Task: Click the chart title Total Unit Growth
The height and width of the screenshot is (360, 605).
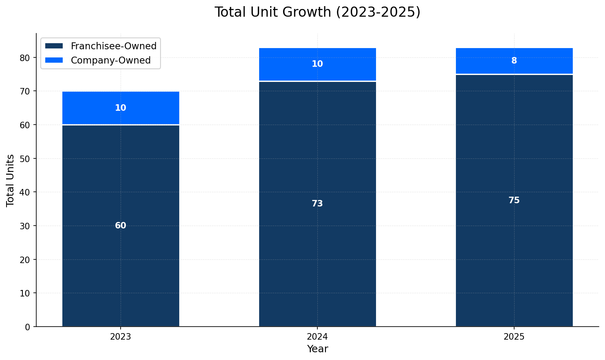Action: (317, 12)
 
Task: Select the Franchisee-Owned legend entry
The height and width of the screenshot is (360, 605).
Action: (113, 46)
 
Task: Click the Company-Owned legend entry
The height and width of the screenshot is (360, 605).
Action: (110, 60)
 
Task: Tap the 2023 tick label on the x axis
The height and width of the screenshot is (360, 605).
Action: (121, 337)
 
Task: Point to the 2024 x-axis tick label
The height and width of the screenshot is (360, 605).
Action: (317, 337)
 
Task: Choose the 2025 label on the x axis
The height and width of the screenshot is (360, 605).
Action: (514, 337)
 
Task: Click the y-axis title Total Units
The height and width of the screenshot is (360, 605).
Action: (11, 180)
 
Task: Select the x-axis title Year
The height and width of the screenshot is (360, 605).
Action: (317, 349)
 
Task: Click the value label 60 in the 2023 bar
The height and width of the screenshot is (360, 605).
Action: (121, 226)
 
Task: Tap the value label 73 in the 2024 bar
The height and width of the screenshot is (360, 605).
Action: (317, 204)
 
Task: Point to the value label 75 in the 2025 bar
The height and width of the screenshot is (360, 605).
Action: (514, 200)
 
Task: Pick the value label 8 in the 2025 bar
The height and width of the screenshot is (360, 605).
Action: (514, 61)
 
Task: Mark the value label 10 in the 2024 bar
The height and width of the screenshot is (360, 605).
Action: (317, 64)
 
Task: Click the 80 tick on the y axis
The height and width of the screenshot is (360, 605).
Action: (25, 58)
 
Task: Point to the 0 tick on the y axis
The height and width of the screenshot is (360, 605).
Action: (28, 327)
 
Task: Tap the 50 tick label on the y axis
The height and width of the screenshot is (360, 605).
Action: (25, 158)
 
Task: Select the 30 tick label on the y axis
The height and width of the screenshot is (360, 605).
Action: (25, 226)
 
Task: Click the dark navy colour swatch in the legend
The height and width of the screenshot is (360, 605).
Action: (54, 46)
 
